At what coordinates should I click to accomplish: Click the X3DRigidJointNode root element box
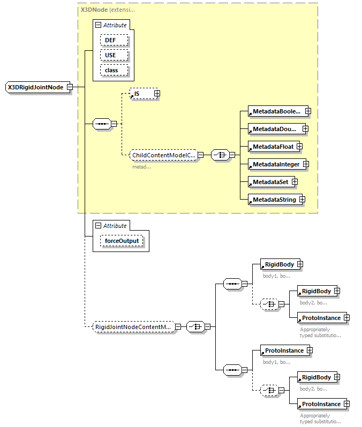pos(35,87)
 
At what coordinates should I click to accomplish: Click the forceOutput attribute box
pos(122,241)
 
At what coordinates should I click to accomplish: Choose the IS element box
pos(141,94)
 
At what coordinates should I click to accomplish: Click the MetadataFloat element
pos(271,146)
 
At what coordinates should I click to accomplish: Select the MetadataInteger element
pos(276,164)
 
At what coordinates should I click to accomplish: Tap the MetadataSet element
pos(270,182)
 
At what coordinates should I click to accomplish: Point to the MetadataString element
pos(274,200)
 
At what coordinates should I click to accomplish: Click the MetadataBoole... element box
pos(276,111)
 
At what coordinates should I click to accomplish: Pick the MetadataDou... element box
pos(275,128)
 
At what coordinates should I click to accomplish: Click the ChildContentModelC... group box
pos(163,155)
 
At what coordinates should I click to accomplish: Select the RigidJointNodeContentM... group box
pos(133,326)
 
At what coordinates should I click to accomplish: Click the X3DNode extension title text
pos(104,10)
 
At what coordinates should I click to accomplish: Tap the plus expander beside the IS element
pos(157,94)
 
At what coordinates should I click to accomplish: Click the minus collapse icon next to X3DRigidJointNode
pos(70,87)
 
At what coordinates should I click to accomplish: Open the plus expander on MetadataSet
pos(295,182)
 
